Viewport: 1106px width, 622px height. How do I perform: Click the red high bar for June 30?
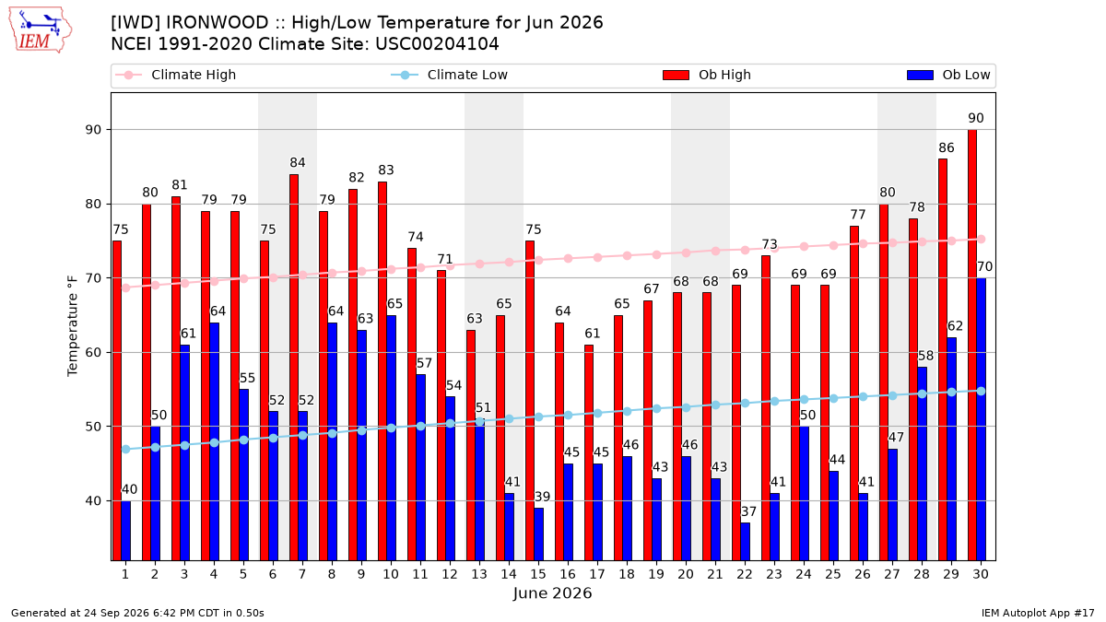tap(972, 345)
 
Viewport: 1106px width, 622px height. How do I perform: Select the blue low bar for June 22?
tap(745, 542)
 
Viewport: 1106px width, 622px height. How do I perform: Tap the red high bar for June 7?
tap(294, 368)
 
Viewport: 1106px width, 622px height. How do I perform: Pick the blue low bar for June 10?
tap(391, 438)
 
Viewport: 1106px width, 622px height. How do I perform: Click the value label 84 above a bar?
tap(297, 162)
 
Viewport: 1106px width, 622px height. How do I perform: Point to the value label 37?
tap(748, 511)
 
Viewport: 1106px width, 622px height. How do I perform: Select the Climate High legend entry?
tap(176, 75)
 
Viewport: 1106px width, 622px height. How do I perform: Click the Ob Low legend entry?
tap(948, 75)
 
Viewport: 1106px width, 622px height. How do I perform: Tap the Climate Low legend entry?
tap(450, 75)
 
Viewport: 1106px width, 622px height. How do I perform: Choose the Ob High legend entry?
tap(707, 75)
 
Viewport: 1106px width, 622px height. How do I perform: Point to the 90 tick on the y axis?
tap(93, 130)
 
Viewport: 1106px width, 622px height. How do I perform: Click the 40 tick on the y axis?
tap(93, 501)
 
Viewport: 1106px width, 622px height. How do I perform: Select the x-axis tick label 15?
tap(538, 574)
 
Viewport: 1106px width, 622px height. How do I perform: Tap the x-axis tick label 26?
tap(863, 574)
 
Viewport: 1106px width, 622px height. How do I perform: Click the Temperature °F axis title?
tap(73, 326)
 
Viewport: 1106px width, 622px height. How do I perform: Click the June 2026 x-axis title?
tap(552, 593)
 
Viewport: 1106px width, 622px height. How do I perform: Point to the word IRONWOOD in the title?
tap(217, 23)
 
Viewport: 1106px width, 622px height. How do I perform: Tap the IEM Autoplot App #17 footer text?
tap(1038, 613)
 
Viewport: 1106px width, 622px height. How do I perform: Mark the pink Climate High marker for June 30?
tap(981, 240)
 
